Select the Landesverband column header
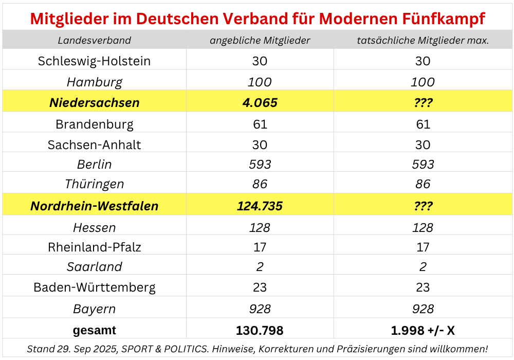point(94,40)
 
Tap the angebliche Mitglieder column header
point(260,40)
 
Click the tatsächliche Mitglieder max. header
point(423,40)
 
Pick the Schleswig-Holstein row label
point(94,61)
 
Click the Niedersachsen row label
point(94,102)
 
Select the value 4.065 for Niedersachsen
point(260,102)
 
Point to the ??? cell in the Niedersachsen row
point(423,102)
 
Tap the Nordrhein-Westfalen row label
point(94,206)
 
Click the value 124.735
point(260,206)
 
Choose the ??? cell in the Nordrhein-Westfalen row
point(423,206)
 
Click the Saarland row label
point(94,267)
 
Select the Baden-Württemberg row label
point(94,287)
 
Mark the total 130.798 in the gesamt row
point(260,330)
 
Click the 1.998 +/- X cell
point(423,330)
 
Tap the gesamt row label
point(94,330)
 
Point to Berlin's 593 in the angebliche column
point(260,165)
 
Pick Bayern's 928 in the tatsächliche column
point(423,309)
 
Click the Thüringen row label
point(94,184)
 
